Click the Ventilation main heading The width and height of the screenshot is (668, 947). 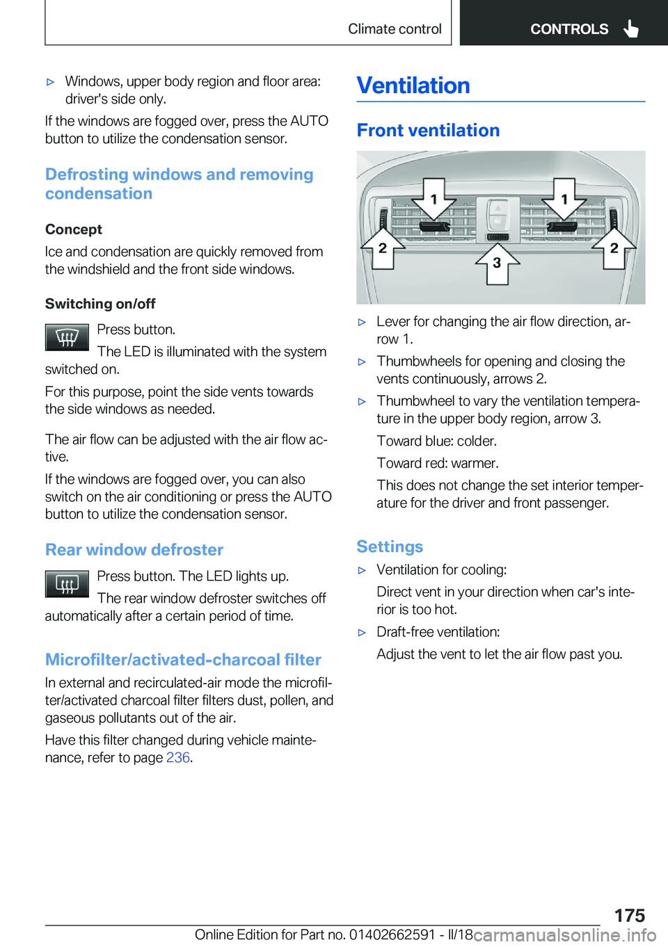[x=413, y=86]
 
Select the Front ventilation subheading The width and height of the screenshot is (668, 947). [x=428, y=131]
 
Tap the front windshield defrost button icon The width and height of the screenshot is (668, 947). [x=67, y=338]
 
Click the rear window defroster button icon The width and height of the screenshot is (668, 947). [x=67, y=584]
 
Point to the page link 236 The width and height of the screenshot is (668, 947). [x=177, y=758]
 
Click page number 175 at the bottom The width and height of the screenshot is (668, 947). [x=629, y=915]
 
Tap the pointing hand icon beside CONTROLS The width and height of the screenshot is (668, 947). [x=631, y=29]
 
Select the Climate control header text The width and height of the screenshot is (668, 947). [x=395, y=29]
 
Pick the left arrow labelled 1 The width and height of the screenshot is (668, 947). [x=434, y=200]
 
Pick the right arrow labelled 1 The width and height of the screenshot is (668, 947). [x=564, y=200]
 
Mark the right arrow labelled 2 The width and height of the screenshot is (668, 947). [x=614, y=248]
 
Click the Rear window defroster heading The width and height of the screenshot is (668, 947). [x=134, y=550]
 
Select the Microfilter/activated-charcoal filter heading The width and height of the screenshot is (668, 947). [x=183, y=660]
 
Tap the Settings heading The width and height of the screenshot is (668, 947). [x=390, y=547]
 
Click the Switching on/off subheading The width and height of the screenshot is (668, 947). [x=100, y=304]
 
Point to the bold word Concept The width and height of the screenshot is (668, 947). [x=74, y=229]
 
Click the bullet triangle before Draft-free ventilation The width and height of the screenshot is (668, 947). [x=362, y=633]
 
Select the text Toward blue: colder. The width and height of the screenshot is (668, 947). [x=436, y=442]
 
